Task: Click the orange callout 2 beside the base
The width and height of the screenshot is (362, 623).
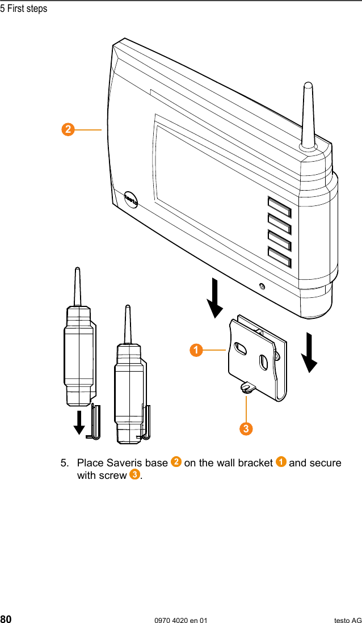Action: coord(68,130)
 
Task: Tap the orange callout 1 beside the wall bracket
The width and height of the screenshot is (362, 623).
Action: coord(196,350)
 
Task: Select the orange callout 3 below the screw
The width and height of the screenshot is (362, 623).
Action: coord(245,428)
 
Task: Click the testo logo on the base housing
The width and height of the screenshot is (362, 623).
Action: coord(131,200)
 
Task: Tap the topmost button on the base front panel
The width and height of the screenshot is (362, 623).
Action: coord(279,207)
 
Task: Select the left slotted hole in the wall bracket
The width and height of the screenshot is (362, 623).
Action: coord(241,348)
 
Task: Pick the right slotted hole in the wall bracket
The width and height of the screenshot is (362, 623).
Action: coord(263,361)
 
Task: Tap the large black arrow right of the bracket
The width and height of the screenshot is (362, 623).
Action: coord(310,352)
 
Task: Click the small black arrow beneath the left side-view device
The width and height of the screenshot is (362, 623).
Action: coord(79,422)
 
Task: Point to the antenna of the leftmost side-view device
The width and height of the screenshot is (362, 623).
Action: coord(78,287)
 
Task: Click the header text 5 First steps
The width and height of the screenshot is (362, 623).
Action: coord(24,9)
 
